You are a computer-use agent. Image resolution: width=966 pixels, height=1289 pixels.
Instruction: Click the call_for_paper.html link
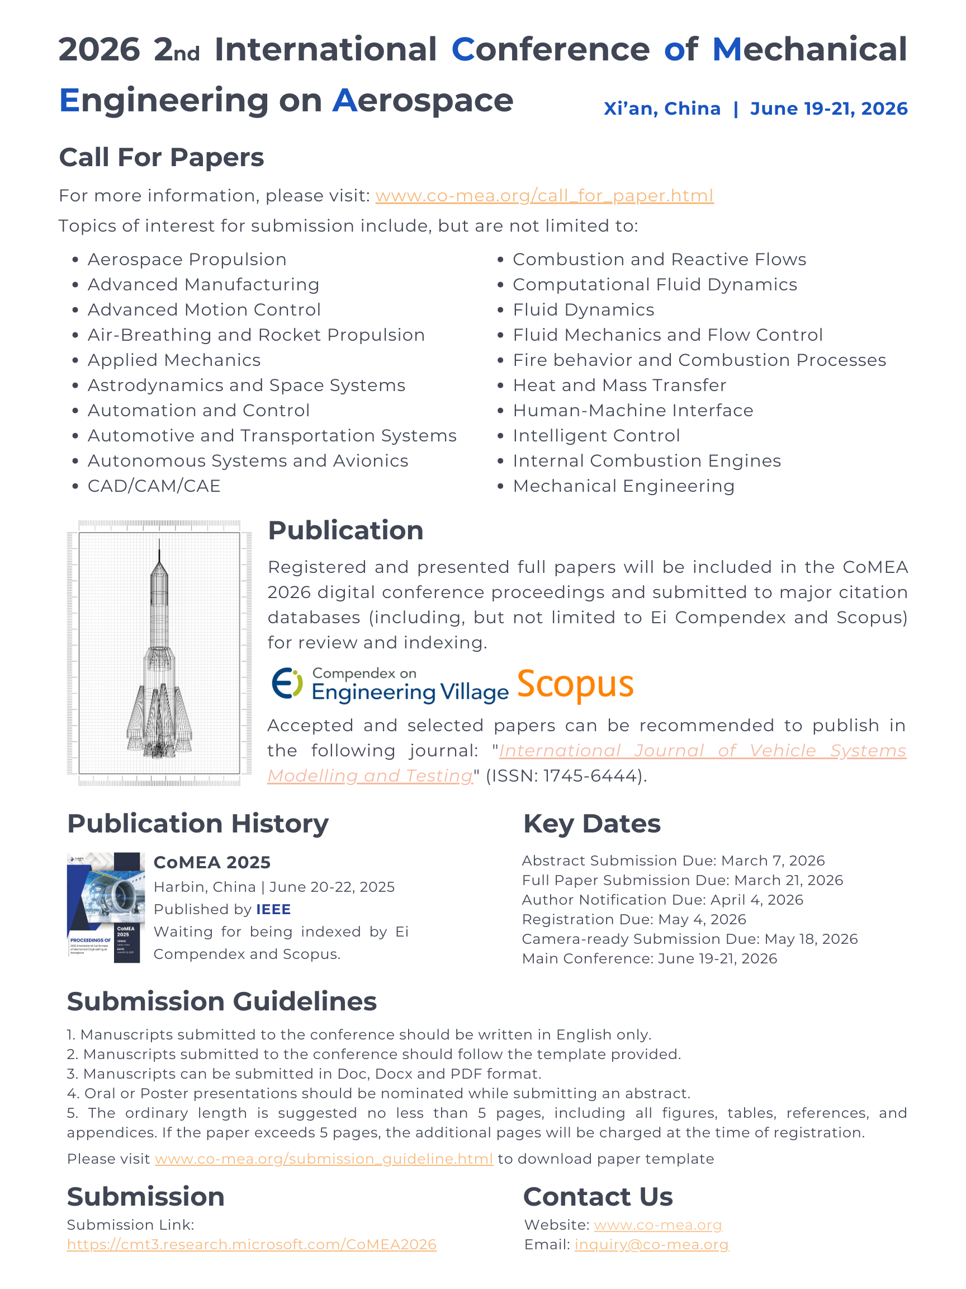coord(544,196)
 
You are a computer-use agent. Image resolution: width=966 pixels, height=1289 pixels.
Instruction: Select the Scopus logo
coord(575,684)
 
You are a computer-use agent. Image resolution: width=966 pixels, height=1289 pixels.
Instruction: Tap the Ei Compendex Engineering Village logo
coord(390,684)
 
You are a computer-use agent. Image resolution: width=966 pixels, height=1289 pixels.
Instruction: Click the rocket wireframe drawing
coord(159,653)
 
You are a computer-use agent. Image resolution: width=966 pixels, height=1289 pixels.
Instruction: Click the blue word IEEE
coord(273,909)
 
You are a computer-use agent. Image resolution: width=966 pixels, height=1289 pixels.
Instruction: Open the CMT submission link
coord(252,1244)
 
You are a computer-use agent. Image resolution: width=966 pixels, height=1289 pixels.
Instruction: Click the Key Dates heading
coord(591,824)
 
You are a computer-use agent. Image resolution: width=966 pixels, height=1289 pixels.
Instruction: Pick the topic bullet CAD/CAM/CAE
coord(154,486)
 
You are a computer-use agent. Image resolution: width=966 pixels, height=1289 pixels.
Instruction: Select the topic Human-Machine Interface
coord(633,410)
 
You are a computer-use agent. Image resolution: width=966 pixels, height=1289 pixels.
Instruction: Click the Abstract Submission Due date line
coord(673,860)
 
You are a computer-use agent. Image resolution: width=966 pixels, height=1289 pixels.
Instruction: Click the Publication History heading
coord(198,824)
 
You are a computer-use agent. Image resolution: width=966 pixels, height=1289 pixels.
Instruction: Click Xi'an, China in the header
coord(662,109)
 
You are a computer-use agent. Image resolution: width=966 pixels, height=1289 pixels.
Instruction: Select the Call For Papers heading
coord(162,157)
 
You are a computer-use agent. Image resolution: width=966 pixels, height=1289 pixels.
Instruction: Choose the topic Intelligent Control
coord(596,436)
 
